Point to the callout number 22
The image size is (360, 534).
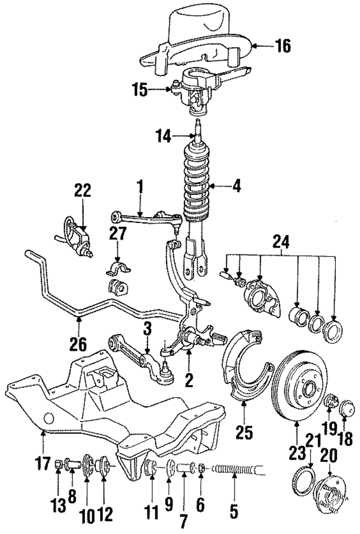tap(82, 191)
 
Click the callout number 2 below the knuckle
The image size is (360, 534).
tap(189, 381)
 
